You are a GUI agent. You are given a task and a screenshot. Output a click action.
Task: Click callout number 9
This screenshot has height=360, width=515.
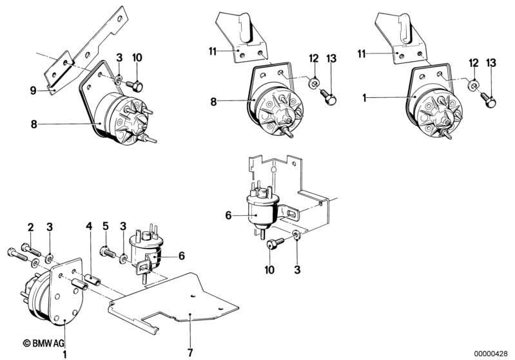click(x=33, y=90)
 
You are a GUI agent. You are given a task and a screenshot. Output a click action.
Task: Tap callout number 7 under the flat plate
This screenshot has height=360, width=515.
click(x=190, y=353)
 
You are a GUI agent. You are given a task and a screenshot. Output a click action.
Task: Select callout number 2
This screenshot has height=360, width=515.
click(x=30, y=227)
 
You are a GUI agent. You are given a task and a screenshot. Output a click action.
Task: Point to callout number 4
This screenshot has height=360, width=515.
click(x=90, y=226)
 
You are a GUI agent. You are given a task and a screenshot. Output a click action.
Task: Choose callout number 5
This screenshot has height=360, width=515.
click(x=106, y=226)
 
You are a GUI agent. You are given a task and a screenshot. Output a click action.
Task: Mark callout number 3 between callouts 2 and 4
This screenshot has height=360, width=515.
click(x=50, y=227)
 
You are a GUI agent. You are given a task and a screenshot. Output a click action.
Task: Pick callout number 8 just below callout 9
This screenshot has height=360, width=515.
click(x=34, y=124)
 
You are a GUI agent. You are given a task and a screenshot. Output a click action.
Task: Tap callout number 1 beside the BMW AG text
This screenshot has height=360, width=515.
click(x=64, y=354)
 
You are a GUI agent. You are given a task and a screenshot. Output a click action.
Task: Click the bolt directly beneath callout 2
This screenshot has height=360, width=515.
click(x=31, y=249)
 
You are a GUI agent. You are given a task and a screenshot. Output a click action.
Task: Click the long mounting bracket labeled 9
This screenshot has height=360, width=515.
click(x=86, y=49)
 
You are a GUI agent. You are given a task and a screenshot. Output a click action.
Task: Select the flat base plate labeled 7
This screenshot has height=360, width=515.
click(x=174, y=301)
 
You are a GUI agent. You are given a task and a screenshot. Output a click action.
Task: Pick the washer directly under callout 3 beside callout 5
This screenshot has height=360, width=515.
click(x=124, y=258)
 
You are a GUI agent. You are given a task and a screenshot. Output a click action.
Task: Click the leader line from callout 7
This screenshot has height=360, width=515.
click(x=191, y=331)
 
